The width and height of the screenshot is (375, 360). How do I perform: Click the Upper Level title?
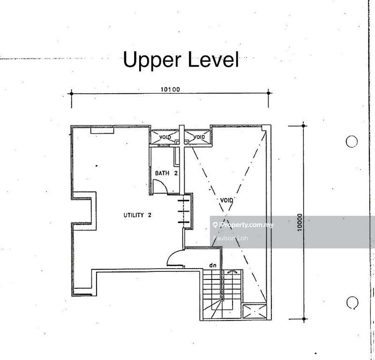(x=181, y=60)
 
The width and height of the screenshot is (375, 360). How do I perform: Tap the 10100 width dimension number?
(x=170, y=89)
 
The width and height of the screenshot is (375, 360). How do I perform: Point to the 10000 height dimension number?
(x=300, y=222)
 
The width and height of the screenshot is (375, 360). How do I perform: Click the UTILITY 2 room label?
(x=137, y=215)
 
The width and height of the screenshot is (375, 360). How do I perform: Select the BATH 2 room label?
(x=166, y=173)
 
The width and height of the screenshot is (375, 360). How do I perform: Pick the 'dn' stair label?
(x=213, y=265)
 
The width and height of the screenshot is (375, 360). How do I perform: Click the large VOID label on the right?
(x=226, y=200)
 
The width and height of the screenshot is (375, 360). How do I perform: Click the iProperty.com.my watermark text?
(x=243, y=225)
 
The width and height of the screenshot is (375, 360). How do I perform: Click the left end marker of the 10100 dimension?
(x=71, y=93)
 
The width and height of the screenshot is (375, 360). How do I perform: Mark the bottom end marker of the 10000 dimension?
(x=304, y=319)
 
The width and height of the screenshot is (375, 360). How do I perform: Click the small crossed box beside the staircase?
(x=255, y=311)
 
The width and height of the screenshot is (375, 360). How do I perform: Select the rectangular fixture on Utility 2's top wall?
(x=102, y=130)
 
